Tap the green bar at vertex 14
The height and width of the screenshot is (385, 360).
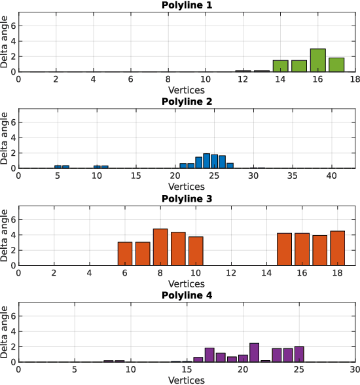click(x=281, y=66)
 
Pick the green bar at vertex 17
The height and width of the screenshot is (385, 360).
click(x=336, y=65)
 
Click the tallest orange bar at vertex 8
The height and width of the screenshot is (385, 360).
click(x=160, y=247)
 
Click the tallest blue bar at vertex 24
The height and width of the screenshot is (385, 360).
click(x=206, y=161)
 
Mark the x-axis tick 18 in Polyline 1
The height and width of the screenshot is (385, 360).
click(x=355, y=79)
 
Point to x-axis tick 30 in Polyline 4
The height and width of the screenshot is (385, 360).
click(x=354, y=370)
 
